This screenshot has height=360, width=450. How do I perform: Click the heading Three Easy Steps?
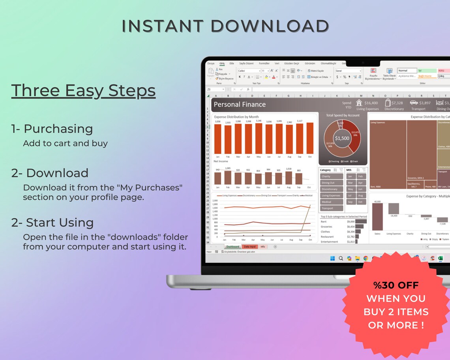83,91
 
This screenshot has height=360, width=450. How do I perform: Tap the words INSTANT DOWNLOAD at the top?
225,26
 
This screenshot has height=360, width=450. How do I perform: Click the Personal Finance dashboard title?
240,105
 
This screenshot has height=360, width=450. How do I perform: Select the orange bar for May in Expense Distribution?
259,139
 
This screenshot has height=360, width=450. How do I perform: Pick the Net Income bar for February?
228,178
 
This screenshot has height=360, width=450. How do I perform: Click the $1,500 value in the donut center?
342,138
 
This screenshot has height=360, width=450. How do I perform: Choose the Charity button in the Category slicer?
331,176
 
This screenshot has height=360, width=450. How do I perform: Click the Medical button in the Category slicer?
331,202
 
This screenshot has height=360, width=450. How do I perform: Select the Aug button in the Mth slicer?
360,195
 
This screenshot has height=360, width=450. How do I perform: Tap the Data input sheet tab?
249,247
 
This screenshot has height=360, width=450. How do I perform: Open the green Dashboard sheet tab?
232,247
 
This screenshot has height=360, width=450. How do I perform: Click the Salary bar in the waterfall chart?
377,217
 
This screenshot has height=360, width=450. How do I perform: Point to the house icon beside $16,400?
359,103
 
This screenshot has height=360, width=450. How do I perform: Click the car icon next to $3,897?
413,103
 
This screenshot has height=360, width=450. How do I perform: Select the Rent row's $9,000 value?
351,221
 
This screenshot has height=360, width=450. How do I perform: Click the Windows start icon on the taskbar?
332,258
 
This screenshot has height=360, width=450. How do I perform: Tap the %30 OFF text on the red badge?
396,285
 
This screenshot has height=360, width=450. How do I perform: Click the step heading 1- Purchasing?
52,129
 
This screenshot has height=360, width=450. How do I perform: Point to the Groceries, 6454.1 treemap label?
416,178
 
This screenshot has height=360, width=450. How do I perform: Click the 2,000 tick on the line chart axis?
215,201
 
